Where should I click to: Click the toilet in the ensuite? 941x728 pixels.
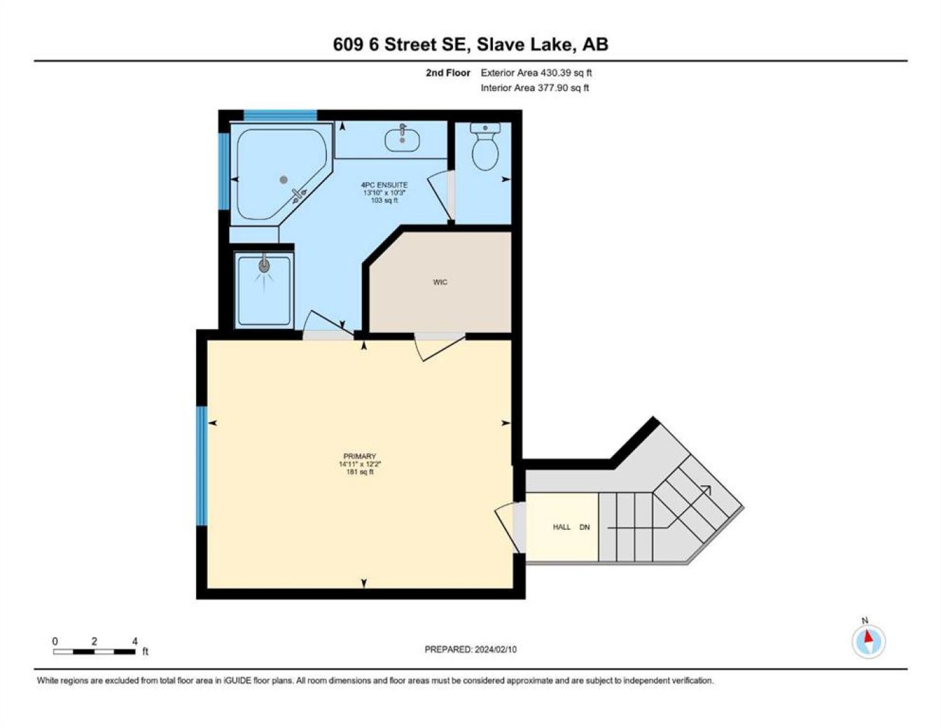485,146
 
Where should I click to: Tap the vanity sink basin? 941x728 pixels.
402,140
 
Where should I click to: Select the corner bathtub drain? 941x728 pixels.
283,179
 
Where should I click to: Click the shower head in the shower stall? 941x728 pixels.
264,265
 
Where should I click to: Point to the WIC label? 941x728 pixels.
440,282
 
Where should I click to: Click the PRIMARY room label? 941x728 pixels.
359,456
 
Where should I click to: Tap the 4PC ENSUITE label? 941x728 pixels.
384,185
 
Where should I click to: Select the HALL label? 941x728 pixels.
561,527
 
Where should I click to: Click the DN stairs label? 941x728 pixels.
584,527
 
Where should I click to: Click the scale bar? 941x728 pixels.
94,651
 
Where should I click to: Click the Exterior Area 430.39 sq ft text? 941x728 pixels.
536,73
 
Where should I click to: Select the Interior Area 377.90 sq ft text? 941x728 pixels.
535,88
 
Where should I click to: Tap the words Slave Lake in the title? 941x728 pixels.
524,44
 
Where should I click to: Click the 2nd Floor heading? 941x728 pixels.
448,73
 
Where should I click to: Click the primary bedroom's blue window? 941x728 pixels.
202,466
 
